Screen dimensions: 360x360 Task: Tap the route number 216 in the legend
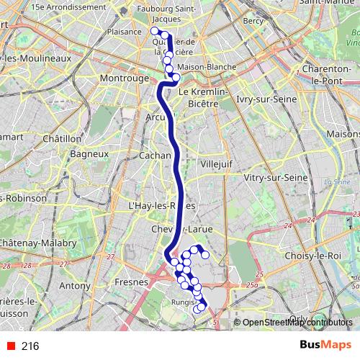click(x=30, y=346)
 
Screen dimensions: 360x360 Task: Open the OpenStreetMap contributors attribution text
click(x=297, y=322)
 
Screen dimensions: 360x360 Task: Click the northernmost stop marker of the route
click(x=154, y=31)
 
